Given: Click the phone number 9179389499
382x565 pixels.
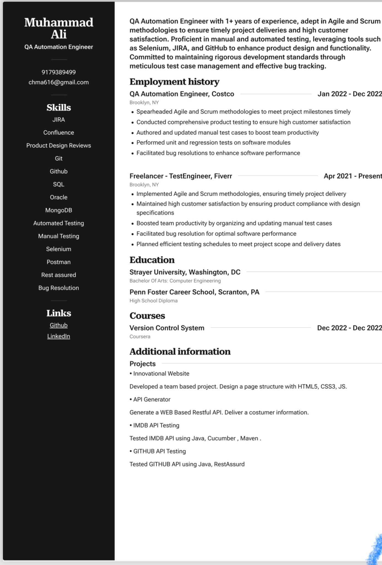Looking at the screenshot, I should (59, 72).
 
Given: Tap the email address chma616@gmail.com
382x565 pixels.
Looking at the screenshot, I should (59, 82).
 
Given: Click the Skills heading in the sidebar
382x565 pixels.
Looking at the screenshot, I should (59, 108).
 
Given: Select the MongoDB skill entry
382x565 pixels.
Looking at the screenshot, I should (59, 210).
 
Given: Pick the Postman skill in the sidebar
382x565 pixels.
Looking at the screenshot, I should (59, 262).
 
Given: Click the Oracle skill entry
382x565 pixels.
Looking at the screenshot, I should (59, 197).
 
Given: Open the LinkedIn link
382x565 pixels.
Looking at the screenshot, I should (59, 336).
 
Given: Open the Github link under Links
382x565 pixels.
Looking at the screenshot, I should (59, 325).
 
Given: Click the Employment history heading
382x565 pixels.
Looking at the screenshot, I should (174, 82).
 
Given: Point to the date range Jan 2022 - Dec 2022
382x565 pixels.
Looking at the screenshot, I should (350, 94).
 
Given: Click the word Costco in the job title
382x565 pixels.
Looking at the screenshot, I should (223, 94).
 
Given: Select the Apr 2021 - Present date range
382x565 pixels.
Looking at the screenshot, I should (353, 176).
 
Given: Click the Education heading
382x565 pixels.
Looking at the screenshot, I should (152, 260).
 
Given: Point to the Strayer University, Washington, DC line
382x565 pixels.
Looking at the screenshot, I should (185, 272).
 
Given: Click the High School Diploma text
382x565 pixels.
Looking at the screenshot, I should (153, 301).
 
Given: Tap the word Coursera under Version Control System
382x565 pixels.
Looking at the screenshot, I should (140, 337).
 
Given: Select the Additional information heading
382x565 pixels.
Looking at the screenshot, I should (180, 351).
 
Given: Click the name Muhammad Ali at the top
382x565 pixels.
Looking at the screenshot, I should (59, 28).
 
